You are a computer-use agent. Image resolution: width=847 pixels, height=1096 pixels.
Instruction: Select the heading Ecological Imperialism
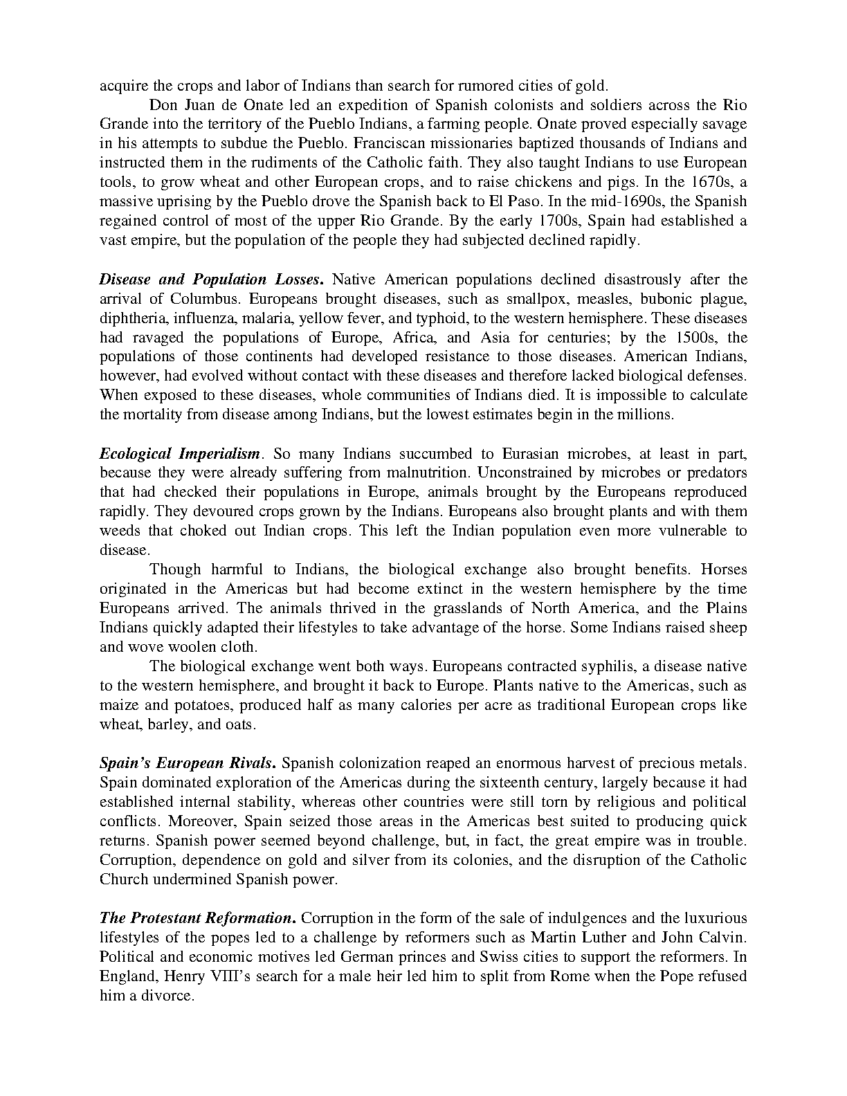tap(181, 454)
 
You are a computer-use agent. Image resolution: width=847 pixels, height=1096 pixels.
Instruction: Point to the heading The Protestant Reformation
tap(198, 918)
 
